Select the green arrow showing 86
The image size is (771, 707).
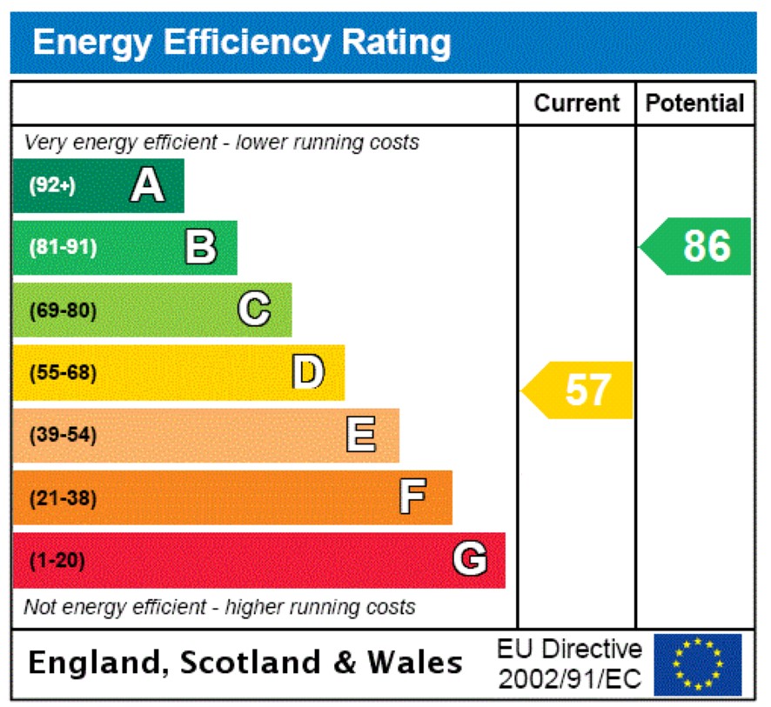point(697,246)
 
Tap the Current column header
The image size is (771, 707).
point(576,103)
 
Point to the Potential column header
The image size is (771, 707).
point(694,103)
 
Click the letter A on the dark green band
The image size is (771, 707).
point(147,185)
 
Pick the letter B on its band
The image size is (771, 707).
point(200,247)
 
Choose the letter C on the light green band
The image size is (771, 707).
point(254,310)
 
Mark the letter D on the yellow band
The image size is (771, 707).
point(307,372)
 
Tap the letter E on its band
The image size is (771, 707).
point(361,435)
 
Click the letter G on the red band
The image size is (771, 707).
point(469,560)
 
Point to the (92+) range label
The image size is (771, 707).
point(53,185)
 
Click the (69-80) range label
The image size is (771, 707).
point(64,310)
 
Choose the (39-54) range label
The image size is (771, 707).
point(64,436)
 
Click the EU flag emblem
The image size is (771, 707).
point(698,664)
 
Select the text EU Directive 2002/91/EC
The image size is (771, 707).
point(569,664)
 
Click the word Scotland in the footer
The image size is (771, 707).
point(251,664)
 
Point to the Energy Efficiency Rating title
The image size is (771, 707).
point(242,43)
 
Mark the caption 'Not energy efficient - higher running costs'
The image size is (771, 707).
point(219,607)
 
